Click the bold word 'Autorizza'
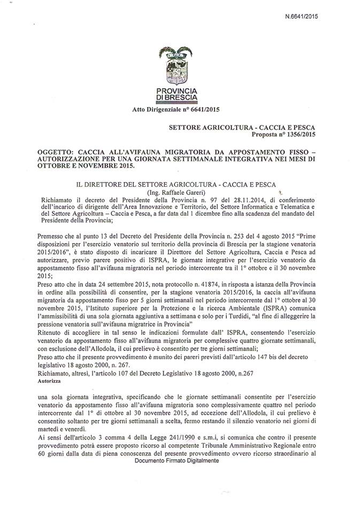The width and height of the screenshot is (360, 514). coord(50,384)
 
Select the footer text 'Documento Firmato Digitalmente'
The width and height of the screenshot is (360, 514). coord(177,460)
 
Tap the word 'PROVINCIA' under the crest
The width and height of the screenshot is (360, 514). coord(174,92)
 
